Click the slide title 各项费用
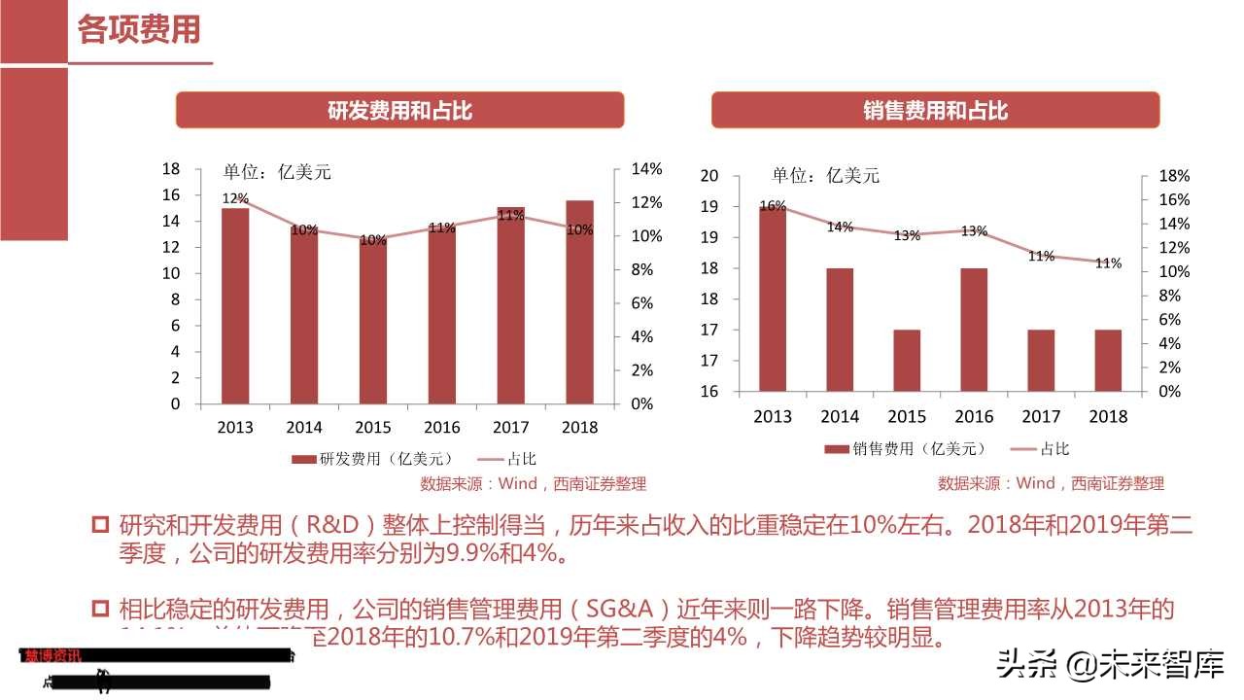coord(139,29)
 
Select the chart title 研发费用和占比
coord(399,110)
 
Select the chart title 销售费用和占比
coord(935,110)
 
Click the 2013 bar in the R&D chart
coord(235,305)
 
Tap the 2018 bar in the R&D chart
coord(579,301)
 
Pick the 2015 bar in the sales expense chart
coord(907,360)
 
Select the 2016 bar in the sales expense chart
coord(974,329)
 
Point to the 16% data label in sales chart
coord(773,206)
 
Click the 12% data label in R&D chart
coord(235,198)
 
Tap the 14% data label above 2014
coord(840,227)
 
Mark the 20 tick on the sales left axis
coord(708,176)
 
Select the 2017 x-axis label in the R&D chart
coord(510,428)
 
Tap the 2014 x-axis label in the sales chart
coord(840,416)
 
